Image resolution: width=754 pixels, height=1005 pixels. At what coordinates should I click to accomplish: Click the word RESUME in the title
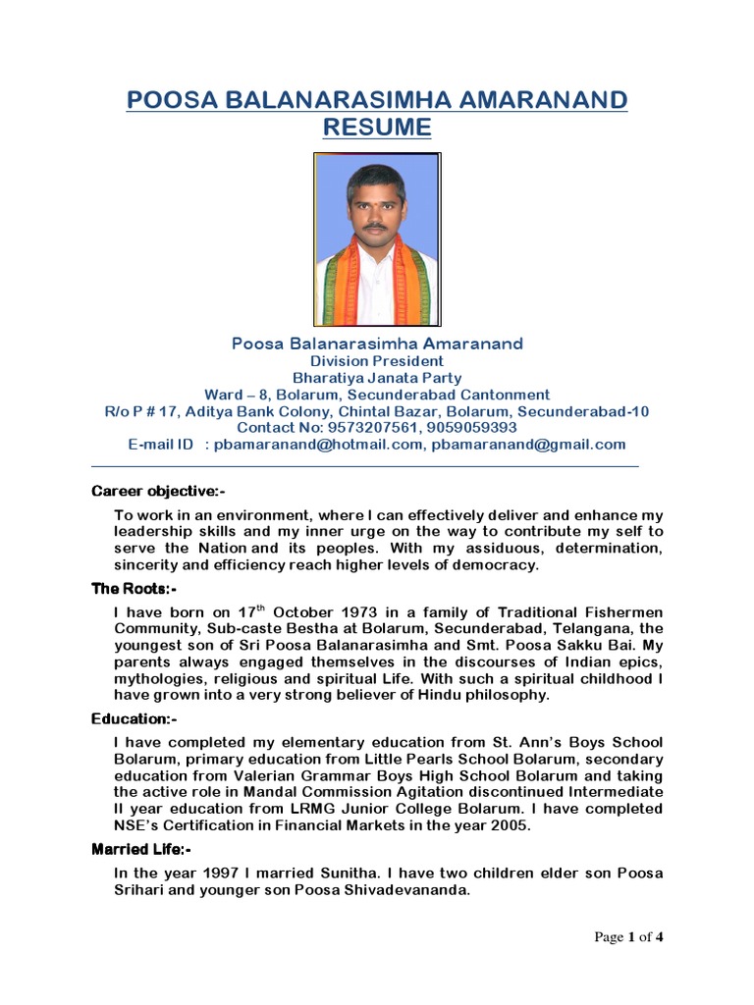377,127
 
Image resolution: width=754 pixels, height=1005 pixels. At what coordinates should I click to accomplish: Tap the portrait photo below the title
376,239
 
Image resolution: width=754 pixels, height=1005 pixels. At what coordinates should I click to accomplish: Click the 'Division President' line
376,361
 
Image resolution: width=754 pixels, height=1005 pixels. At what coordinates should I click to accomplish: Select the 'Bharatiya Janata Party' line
376,378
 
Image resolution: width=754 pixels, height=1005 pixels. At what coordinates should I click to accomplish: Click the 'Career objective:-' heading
159,491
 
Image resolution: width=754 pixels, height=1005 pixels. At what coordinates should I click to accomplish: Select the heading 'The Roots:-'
135,589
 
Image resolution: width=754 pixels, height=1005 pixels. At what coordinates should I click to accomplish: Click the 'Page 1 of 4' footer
629,937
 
